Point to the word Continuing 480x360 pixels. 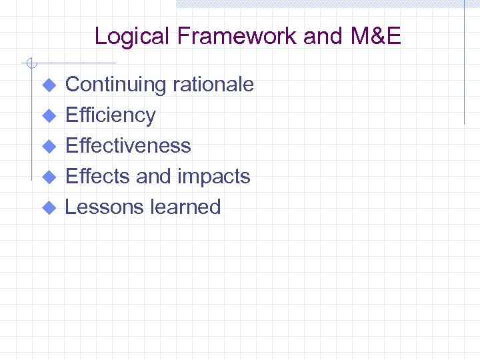[x=115, y=85]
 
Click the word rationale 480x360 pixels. [x=213, y=85]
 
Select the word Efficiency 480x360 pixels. [x=110, y=115]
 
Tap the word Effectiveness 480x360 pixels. [x=128, y=145]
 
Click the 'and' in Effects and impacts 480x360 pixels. [x=153, y=176]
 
